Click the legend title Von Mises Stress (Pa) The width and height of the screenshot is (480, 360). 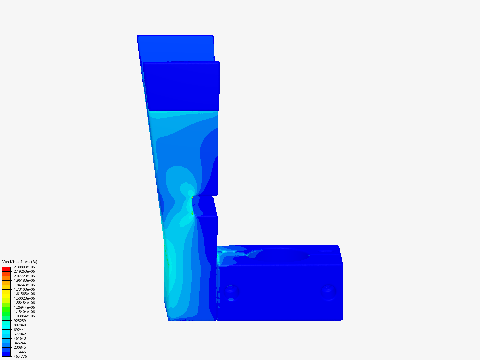pyautogui.click(x=20, y=262)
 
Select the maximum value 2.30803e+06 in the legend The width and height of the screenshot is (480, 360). pyautogui.click(x=24, y=267)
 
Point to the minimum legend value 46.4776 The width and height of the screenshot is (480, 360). pyautogui.click(x=20, y=356)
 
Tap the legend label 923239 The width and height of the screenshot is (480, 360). pyautogui.click(x=20, y=321)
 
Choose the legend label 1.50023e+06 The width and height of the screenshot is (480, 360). pyautogui.click(x=24, y=298)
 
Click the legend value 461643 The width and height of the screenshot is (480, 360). pyautogui.click(x=20, y=338)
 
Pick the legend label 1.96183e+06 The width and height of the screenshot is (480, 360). pyautogui.click(x=24, y=280)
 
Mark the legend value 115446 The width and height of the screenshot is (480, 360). pyautogui.click(x=20, y=352)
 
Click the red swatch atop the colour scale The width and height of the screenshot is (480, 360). pyautogui.click(x=6, y=269)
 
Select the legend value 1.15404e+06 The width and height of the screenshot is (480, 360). pyautogui.click(x=24, y=312)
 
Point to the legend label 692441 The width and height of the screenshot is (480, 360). pyautogui.click(x=20, y=330)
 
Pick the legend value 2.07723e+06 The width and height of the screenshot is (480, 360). pyautogui.click(x=24, y=276)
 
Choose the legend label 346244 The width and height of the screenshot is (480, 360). pyautogui.click(x=20, y=343)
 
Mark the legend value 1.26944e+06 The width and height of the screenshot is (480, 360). pyautogui.click(x=24, y=307)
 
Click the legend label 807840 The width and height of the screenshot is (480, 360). pyautogui.click(x=20, y=325)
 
